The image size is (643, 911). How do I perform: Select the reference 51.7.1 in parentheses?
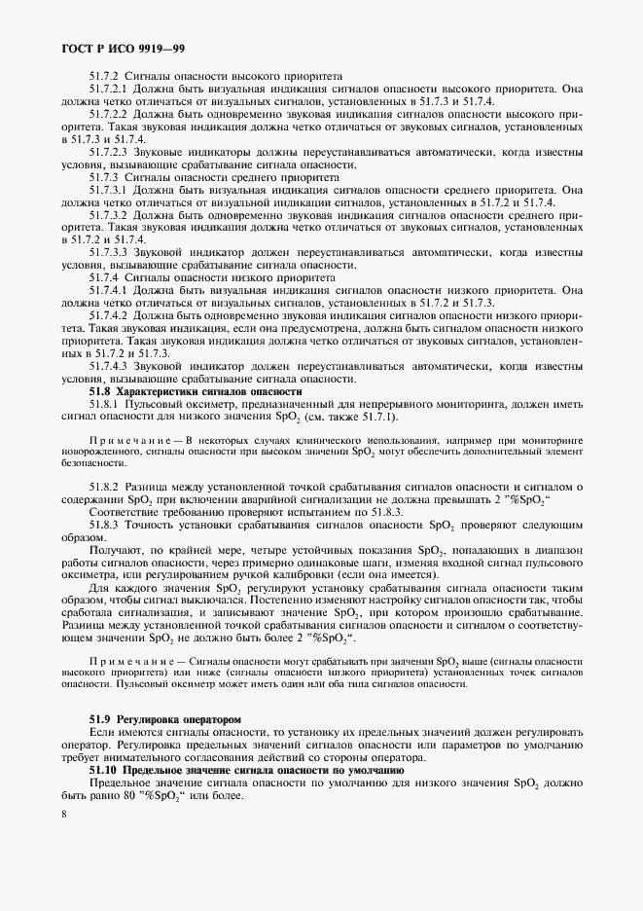tap(375, 417)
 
